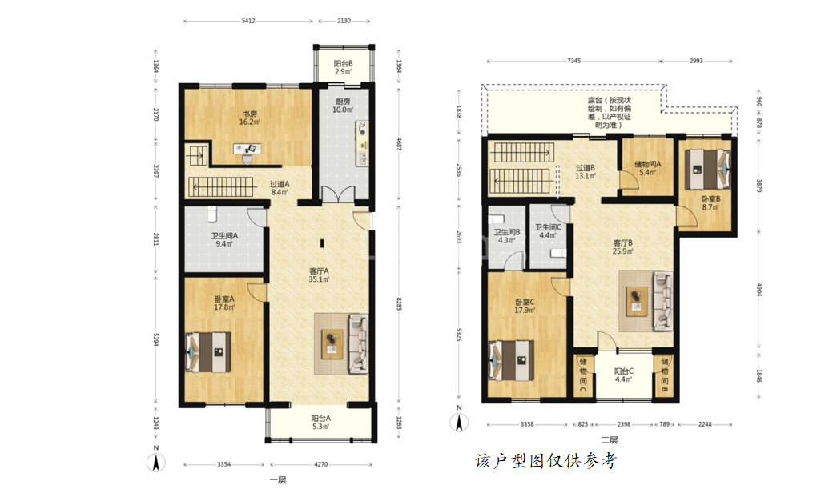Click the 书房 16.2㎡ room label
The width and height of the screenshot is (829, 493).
pyautogui.click(x=250, y=118)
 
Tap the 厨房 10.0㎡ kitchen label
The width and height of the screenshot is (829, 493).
pyautogui.click(x=343, y=106)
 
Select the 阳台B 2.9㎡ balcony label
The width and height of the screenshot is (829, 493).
pyautogui.click(x=343, y=67)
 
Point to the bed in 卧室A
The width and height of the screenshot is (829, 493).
pyautogui.click(x=207, y=352)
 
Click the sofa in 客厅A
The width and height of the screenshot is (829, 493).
pyautogui.click(x=359, y=343)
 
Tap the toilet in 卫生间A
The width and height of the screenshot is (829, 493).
pyautogui.click(x=212, y=214)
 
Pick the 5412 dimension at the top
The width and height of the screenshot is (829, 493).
pyautogui.click(x=248, y=21)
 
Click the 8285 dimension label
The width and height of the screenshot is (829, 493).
pyautogui.click(x=400, y=303)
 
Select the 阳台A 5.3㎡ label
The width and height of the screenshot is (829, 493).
pyautogui.click(x=321, y=423)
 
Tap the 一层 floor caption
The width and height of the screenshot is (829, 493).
pyautogui.click(x=278, y=480)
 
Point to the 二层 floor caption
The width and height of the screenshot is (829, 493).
pyautogui.click(x=609, y=439)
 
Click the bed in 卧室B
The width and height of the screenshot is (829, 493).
pyautogui.click(x=707, y=169)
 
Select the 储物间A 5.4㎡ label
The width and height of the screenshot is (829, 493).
pyautogui.click(x=648, y=168)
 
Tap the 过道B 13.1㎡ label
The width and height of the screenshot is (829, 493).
pyautogui.click(x=586, y=172)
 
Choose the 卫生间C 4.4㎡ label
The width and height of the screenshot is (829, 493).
pyautogui.click(x=548, y=231)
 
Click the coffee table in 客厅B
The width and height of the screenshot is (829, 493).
pyautogui.click(x=637, y=301)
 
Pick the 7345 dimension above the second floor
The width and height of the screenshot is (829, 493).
pyautogui.click(x=574, y=61)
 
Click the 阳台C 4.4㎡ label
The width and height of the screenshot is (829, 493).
pyautogui.click(x=624, y=375)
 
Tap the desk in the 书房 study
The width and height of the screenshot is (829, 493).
pyautogui.click(x=247, y=149)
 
